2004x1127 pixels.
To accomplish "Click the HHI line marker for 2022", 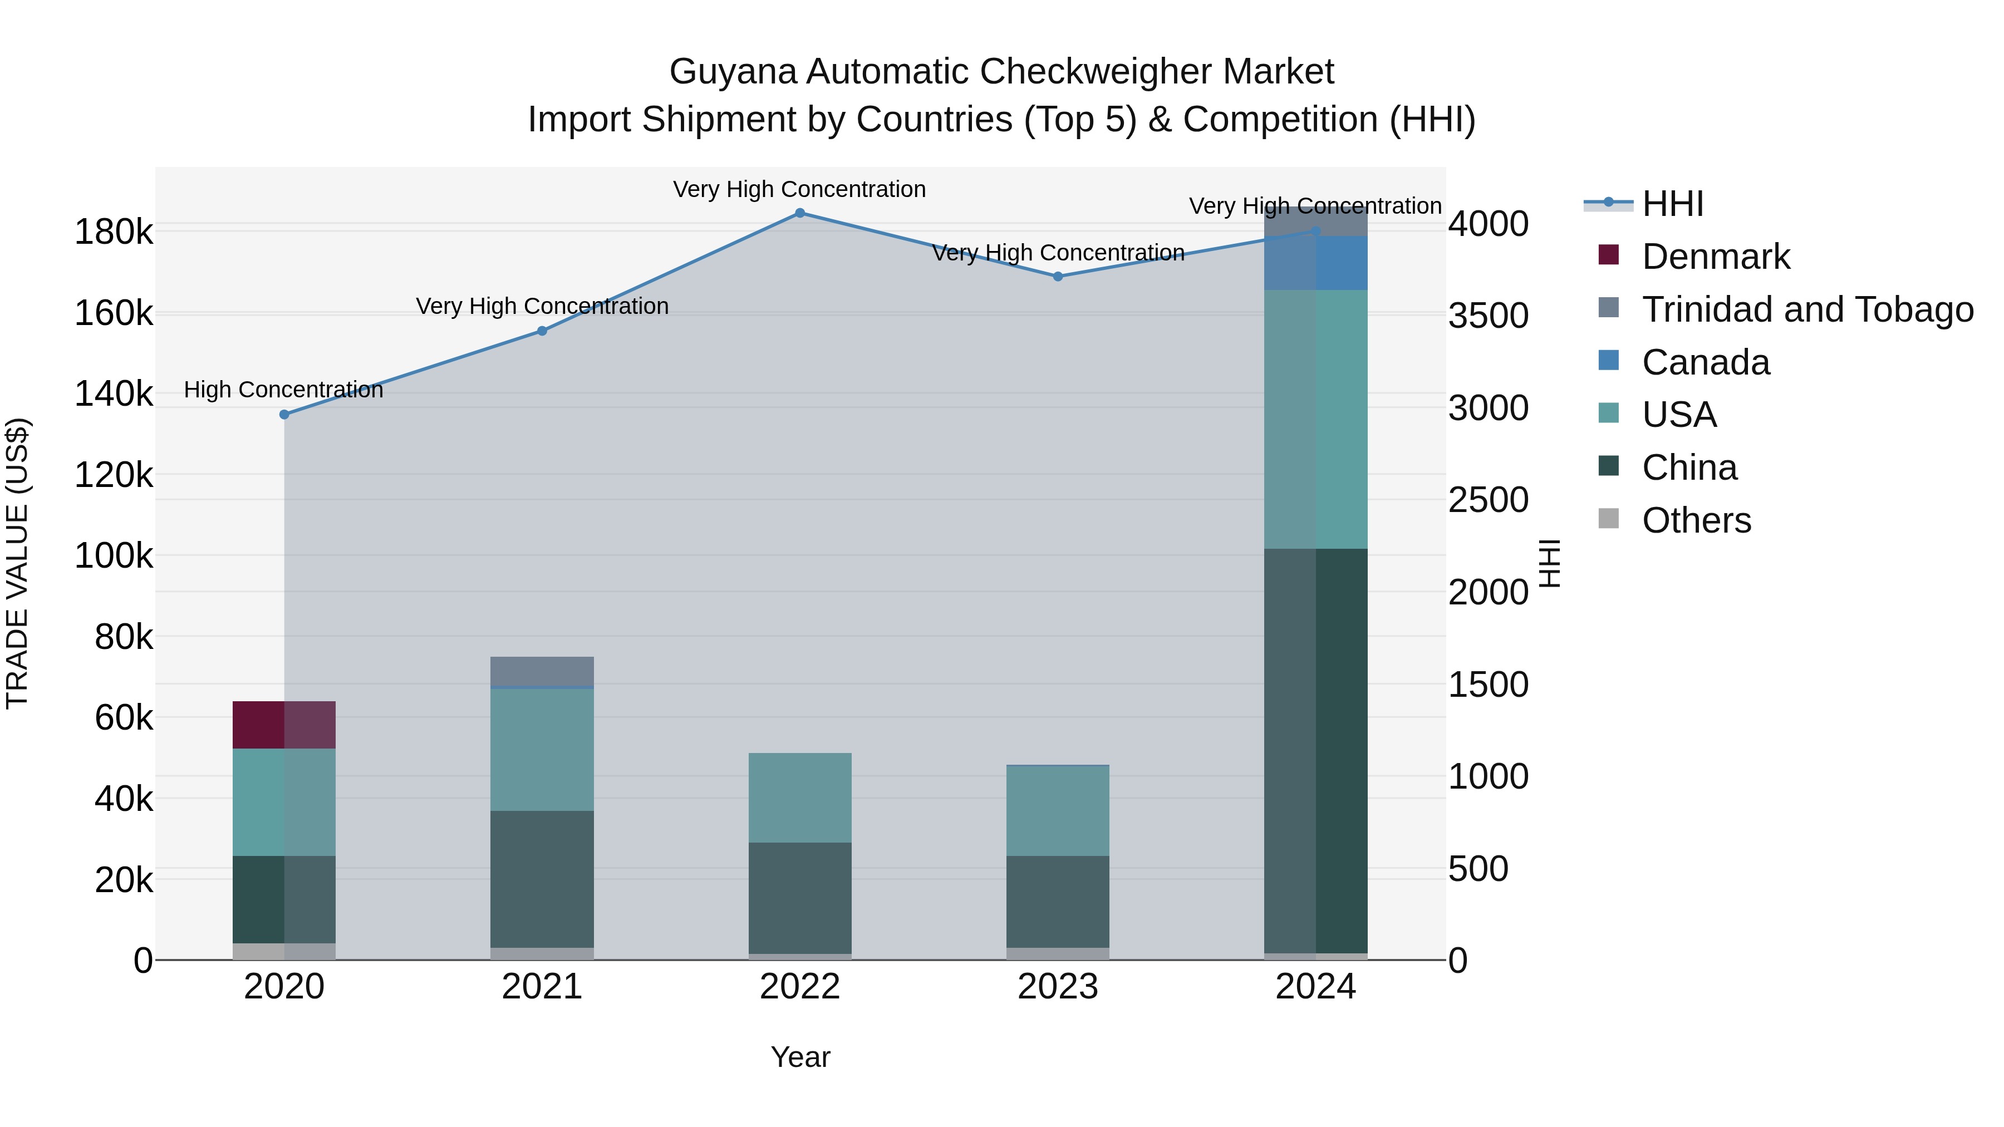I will tap(800, 213).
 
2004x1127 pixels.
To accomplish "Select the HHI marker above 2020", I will tap(284, 415).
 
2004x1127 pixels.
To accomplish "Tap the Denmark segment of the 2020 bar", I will tap(284, 725).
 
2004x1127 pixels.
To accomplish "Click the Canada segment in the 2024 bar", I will tap(1315, 263).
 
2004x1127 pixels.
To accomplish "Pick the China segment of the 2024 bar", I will tap(1315, 751).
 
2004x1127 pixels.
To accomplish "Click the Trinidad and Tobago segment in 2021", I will tap(542, 671).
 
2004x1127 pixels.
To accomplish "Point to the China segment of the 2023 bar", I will tap(1057, 902).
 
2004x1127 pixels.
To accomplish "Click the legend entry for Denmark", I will tap(1716, 256).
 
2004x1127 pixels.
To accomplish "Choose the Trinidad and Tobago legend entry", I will tap(1806, 309).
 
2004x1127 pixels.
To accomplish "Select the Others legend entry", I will tap(1696, 520).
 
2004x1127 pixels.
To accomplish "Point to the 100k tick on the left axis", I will tap(114, 556).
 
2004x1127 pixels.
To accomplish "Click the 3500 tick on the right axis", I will tap(1487, 316).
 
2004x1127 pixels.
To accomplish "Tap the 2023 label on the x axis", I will tap(1057, 987).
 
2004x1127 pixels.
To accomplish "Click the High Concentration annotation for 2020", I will tap(284, 390).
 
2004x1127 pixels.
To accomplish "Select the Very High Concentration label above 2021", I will tap(542, 307).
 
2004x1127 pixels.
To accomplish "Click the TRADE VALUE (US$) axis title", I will tap(18, 563).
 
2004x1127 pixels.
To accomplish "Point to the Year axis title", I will tap(800, 1057).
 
